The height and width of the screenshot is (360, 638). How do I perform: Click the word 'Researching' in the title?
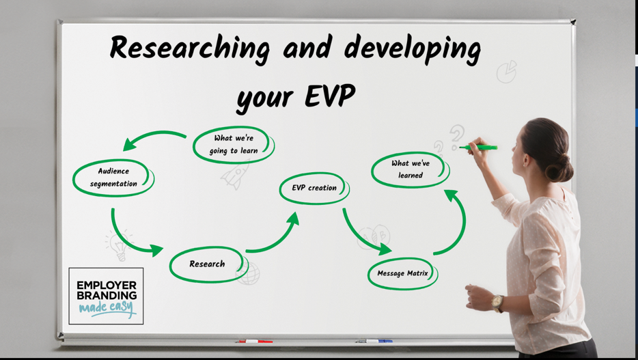[x=189, y=49]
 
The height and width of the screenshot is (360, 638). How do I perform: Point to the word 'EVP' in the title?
[x=329, y=96]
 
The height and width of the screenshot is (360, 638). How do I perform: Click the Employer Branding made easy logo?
[x=106, y=296]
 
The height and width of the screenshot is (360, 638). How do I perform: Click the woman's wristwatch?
[x=497, y=303]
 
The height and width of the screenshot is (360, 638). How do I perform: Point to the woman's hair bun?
[x=560, y=167]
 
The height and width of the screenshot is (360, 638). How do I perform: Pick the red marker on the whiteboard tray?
[x=255, y=342]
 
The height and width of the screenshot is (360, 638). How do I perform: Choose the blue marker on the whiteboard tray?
[x=374, y=341]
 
